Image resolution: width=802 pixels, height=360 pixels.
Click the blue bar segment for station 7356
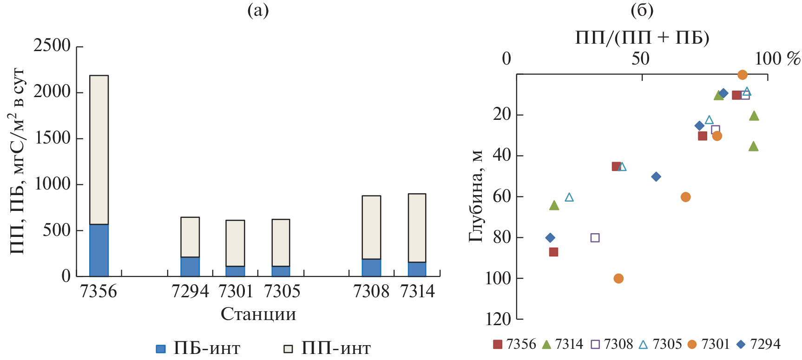pos(99,250)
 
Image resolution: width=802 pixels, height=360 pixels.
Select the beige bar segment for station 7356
pos(99,150)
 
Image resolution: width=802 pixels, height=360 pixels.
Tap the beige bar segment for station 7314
pos(417,228)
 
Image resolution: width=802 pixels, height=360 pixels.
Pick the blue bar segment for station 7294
pos(190,267)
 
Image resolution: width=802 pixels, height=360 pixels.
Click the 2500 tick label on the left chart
pos(52,46)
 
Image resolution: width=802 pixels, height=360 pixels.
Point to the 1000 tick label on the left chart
pos(52,184)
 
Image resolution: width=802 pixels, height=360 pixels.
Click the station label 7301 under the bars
pos(236,291)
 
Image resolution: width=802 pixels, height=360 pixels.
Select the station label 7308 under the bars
pos(371,291)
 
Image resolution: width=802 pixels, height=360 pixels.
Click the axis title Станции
pos(258,314)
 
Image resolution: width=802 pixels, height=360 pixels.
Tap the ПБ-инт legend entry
pos(198,348)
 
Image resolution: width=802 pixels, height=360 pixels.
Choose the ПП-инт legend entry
pos(327,348)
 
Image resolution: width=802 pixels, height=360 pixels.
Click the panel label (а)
pos(258,10)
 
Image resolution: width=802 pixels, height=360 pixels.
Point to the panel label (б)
pos(642,10)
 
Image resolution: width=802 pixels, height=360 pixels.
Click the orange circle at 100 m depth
pos(618,278)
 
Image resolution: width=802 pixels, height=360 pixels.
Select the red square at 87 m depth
pos(553,252)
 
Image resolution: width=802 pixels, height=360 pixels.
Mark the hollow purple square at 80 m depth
pos(595,238)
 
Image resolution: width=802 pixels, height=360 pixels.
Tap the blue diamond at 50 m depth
pos(656,177)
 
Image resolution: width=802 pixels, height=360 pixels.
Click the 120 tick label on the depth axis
pos(498,319)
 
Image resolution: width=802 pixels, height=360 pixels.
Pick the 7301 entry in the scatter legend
pos(709,344)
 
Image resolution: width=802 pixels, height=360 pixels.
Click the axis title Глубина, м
pos(476,196)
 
